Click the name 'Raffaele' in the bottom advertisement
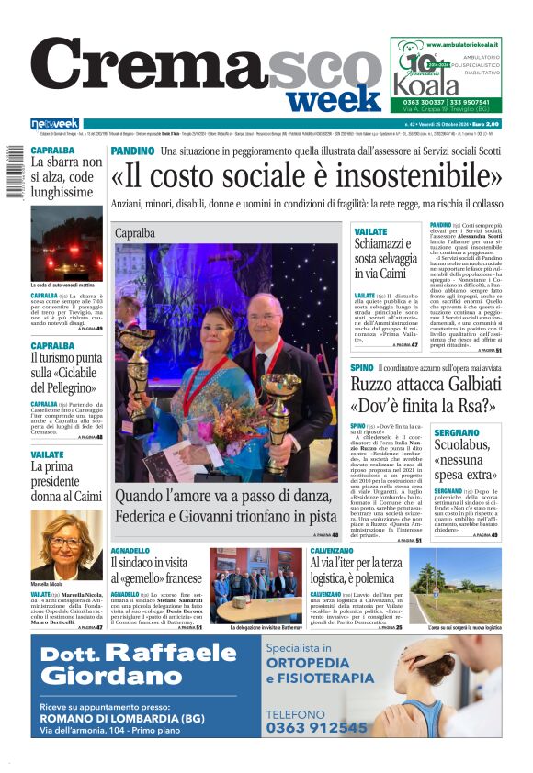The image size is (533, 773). (x=184, y=654)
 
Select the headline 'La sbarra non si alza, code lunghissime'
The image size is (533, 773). (x=63, y=176)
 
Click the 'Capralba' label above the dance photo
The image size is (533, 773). (x=135, y=233)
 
